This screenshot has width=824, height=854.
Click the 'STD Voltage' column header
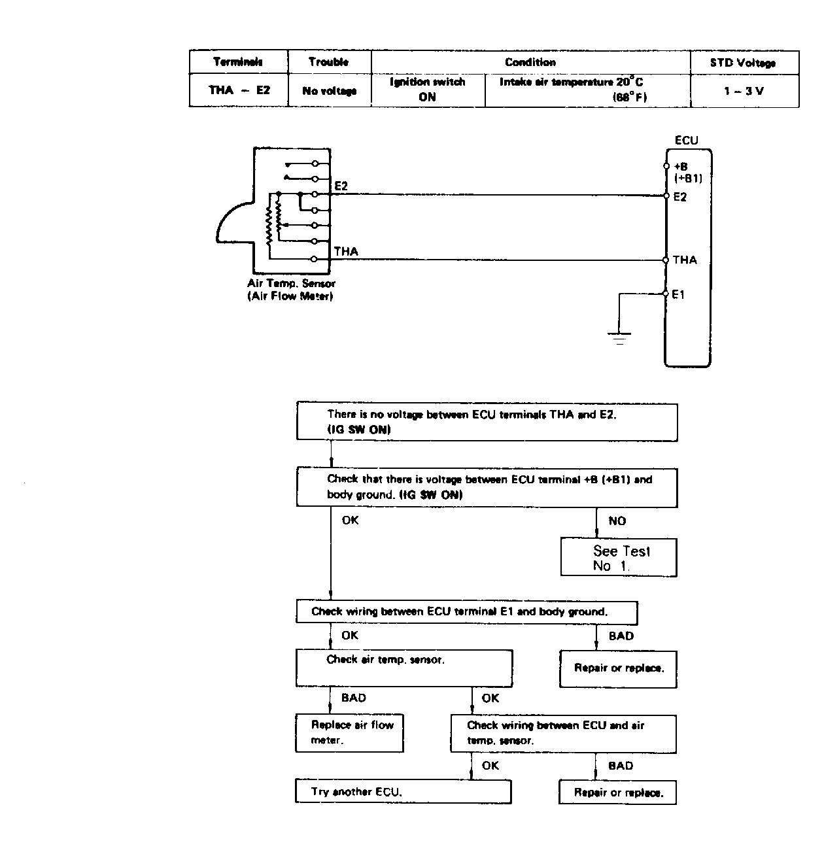click(x=743, y=63)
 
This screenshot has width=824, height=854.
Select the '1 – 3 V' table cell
click(x=744, y=91)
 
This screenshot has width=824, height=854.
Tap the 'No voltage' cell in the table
click(x=329, y=91)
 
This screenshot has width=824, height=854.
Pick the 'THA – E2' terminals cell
click(x=239, y=90)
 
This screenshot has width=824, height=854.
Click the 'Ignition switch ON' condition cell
click(x=428, y=90)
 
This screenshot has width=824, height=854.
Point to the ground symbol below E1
click(x=619, y=339)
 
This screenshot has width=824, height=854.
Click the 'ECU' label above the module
click(x=686, y=141)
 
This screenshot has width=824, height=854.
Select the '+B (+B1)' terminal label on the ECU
click(x=688, y=173)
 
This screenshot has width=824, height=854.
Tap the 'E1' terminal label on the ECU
click(x=678, y=294)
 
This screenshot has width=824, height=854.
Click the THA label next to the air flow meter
click(x=346, y=252)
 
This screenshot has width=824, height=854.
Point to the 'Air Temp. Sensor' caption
click(x=291, y=284)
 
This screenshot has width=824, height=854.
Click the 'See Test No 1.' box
click(x=619, y=557)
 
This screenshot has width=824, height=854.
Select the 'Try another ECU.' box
click(x=403, y=792)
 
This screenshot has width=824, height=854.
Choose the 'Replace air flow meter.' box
click(x=349, y=733)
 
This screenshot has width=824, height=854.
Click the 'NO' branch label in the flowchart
click(x=617, y=521)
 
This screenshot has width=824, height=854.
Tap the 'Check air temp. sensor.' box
click(x=404, y=668)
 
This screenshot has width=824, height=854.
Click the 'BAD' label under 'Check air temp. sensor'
click(x=353, y=698)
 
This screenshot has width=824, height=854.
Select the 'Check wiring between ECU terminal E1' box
click(x=467, y=613)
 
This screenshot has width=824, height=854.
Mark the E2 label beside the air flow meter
click(x=341, y=186)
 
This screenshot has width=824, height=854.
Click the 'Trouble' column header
click(x=328, y=62)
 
